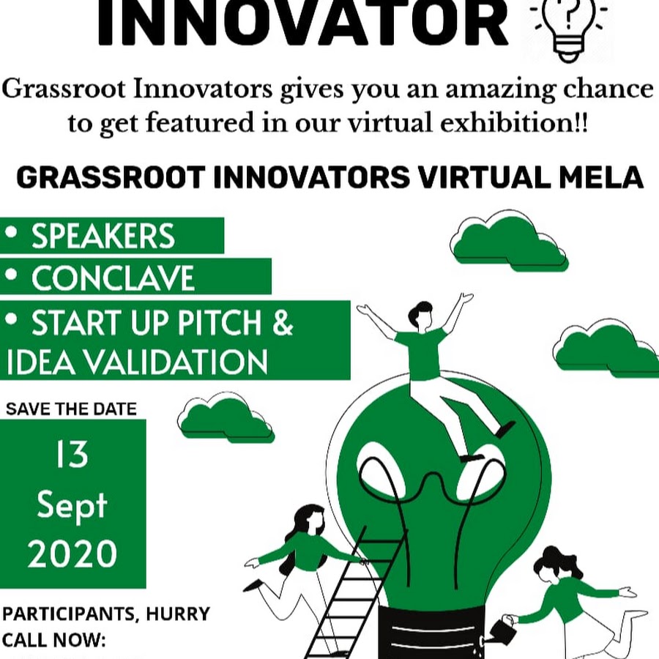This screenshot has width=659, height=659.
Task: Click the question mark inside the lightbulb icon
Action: click(569, 16)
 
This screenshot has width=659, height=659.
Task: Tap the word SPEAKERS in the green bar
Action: click(103, 236)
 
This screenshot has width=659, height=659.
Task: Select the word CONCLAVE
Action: click(113, 278)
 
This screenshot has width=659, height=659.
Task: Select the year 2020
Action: click(72, 554)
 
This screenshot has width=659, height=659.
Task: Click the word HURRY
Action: click(178, 614)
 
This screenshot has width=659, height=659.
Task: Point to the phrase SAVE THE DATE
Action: click(72, 409)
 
